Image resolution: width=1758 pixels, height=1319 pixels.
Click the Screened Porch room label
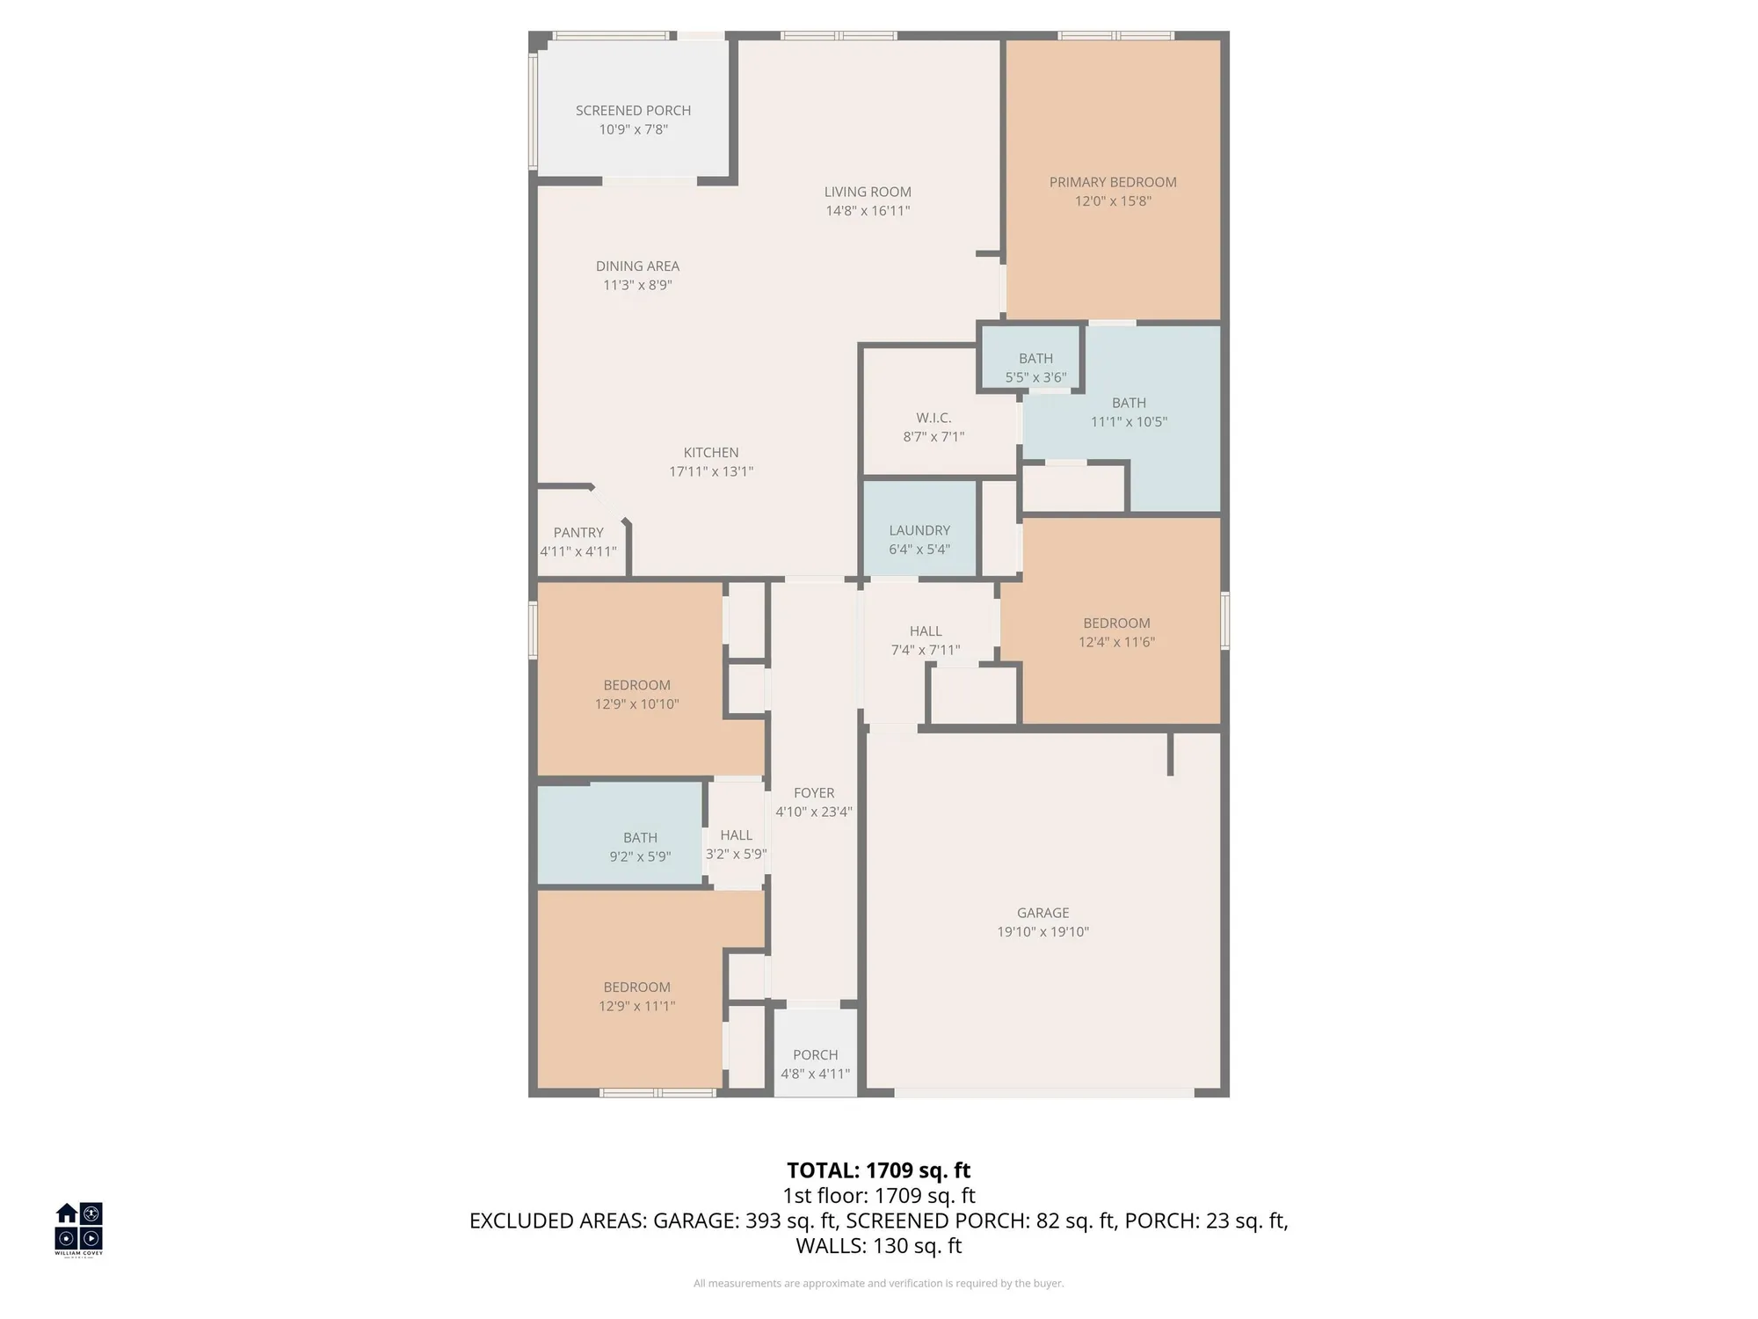pos(633,111)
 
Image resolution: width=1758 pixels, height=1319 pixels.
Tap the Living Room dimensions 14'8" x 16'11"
pos(867,211)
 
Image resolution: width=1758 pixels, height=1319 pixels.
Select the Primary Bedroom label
pos(1112,182)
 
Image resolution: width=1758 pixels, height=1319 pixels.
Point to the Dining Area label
pos(637,266)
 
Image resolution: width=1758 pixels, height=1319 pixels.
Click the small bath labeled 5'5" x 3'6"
pos(1035,368)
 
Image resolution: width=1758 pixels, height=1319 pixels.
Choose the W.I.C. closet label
pos(933,419)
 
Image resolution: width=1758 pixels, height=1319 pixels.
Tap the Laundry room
pos(919,531)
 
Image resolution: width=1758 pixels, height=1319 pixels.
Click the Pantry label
pos(578,533)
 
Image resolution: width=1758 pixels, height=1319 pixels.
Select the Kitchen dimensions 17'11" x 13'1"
pos(710,471)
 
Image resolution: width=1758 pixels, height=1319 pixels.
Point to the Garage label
pos(1042,914)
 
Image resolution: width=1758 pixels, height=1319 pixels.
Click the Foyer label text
pos(814,793)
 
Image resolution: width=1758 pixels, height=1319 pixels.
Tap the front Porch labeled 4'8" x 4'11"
pos(815,1064)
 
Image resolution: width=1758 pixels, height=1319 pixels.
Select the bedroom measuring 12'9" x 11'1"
pos(636,996)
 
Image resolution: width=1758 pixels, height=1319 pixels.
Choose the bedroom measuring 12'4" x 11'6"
pos(1116,632)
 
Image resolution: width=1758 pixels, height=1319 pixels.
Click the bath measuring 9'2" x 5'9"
pos(640,847)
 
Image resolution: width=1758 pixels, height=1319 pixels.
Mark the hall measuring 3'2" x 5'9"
pos(736,844)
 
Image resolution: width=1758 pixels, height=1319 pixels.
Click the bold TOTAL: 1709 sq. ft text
pos(878,1170)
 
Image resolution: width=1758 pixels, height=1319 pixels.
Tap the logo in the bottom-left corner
pos(79,1228)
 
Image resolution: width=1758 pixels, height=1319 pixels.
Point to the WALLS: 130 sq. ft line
pos(878,1246)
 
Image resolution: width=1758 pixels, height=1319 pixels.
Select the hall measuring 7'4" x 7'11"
pos(926,640)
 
